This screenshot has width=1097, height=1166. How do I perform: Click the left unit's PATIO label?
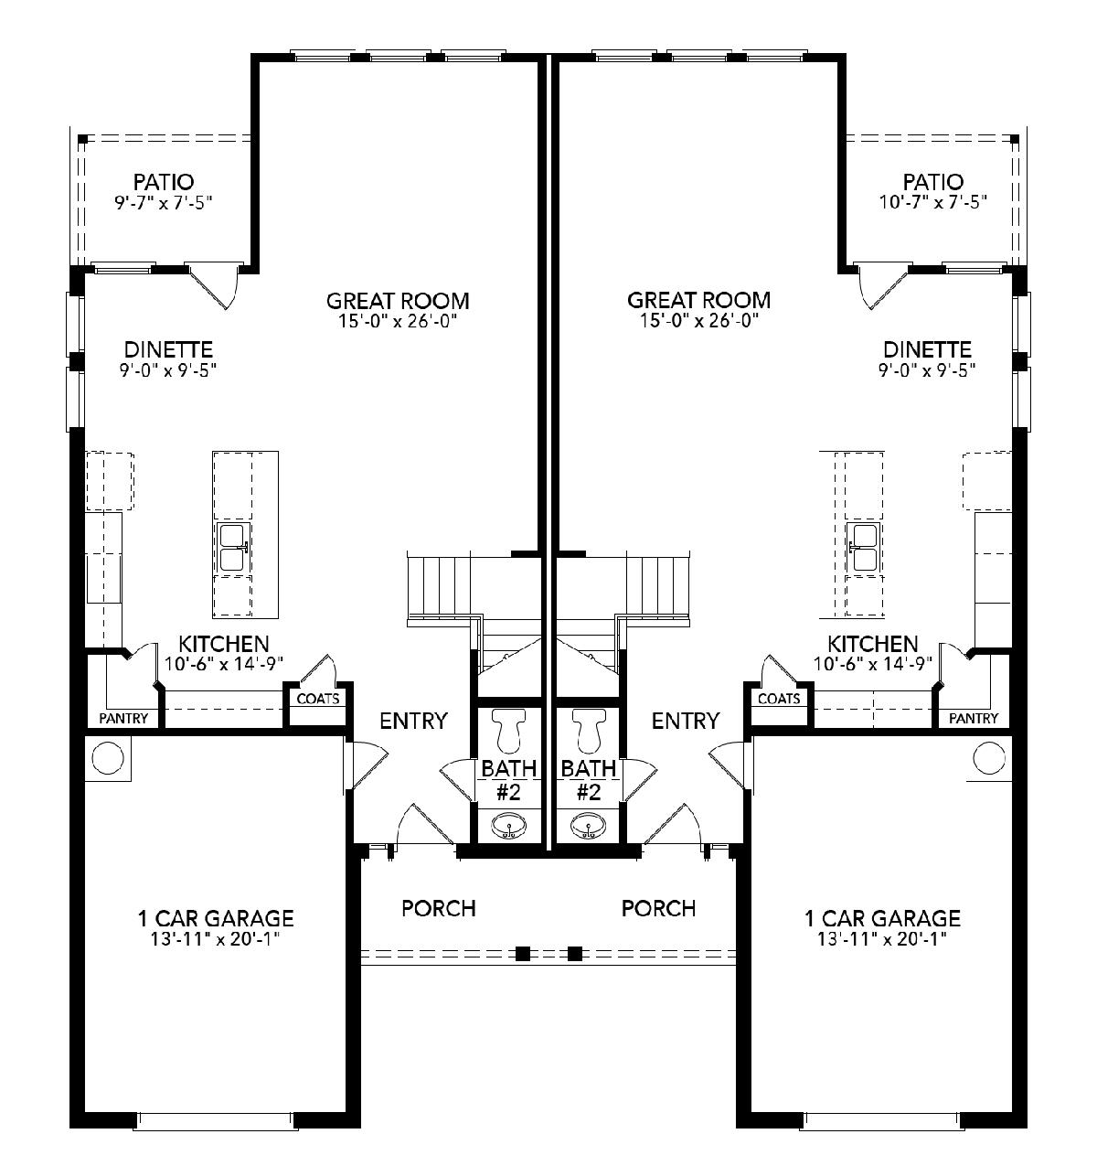163,181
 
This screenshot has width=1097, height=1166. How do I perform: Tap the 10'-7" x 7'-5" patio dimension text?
932,202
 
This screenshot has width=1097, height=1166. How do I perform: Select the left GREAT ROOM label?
398,301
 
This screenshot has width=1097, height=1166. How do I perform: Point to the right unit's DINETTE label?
927,349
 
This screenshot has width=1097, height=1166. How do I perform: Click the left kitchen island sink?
235,547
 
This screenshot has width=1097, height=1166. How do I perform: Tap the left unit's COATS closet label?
317,699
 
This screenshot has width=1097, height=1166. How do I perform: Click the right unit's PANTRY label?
974,718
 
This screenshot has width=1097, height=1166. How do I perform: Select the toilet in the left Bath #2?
508,730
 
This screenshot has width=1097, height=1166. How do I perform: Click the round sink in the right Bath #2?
588,825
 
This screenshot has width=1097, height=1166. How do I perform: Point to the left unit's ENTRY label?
413,721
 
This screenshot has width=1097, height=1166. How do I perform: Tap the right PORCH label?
658,908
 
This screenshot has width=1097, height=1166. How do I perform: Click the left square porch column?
522,953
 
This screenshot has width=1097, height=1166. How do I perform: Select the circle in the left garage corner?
108,758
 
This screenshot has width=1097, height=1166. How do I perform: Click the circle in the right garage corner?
988,758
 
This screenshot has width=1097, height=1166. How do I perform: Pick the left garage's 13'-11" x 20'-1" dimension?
215,939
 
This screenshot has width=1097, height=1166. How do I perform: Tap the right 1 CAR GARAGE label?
882,917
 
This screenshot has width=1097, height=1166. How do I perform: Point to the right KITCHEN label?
872,644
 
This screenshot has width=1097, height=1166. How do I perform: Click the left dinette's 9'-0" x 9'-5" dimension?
168,370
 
